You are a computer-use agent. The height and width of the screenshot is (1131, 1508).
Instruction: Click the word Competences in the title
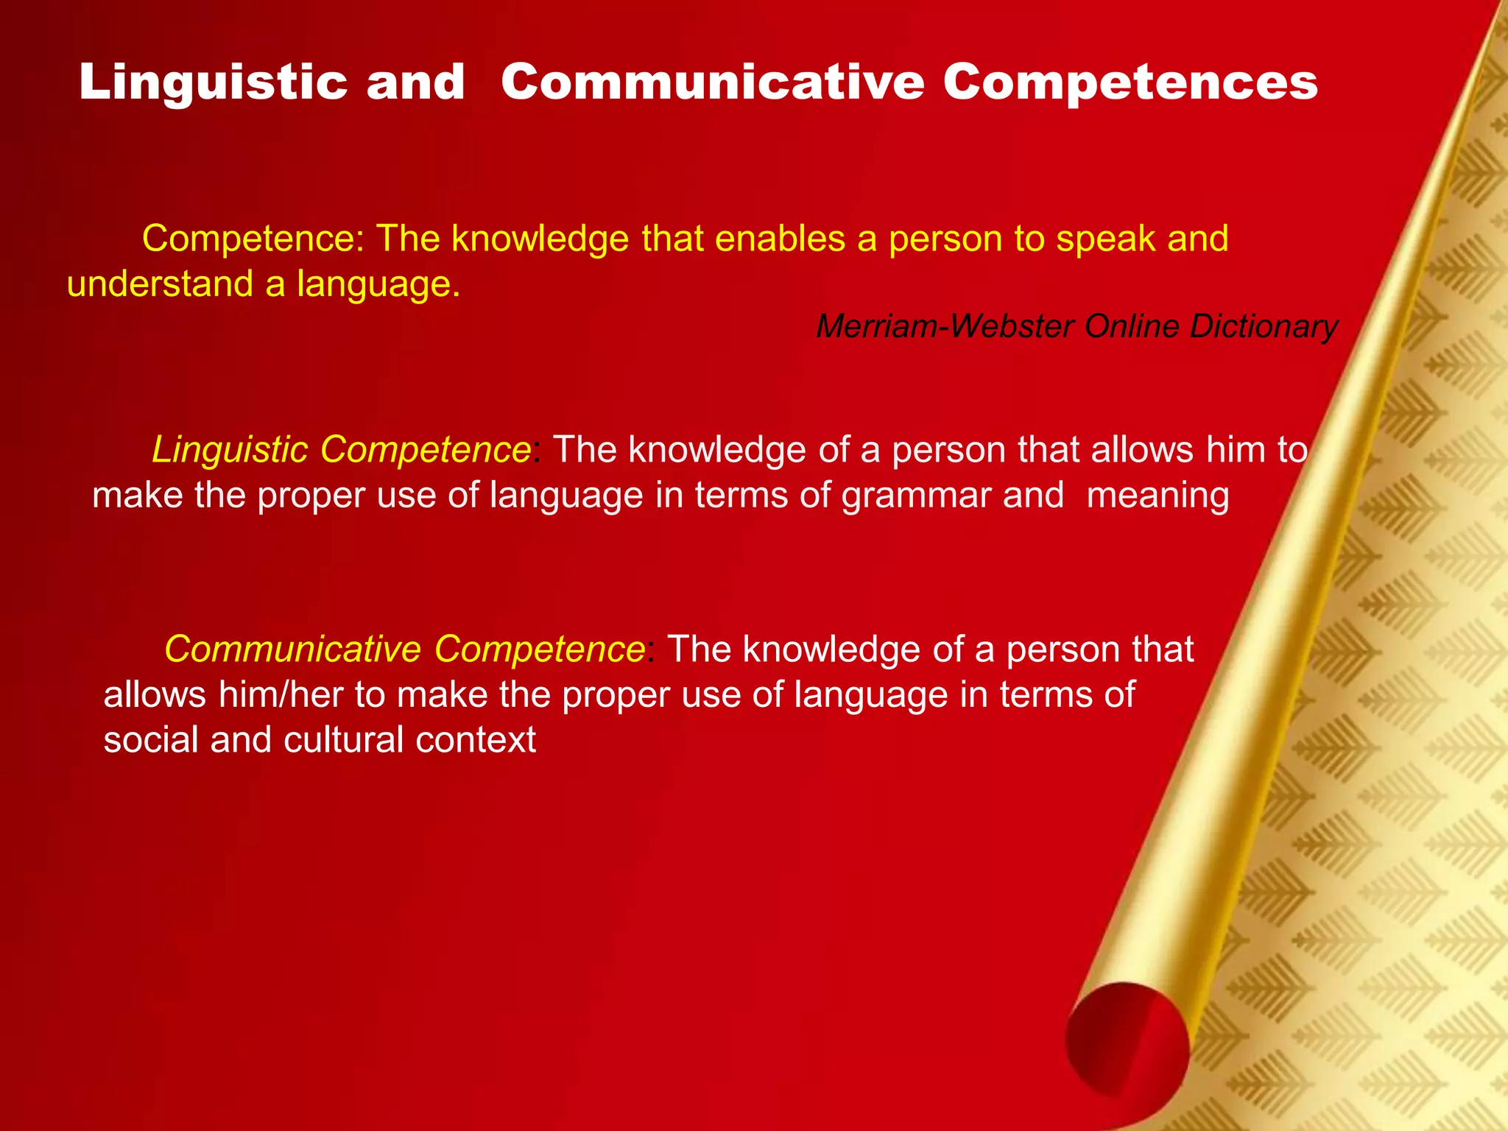click(x=1130, y=82)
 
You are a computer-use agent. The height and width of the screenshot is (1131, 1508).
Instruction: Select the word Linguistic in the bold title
click(x=213, y=82)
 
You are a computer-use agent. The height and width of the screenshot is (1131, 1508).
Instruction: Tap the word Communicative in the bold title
click(x=712, y=82)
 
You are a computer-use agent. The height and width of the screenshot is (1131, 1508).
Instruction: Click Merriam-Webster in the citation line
click(x=945, y=326)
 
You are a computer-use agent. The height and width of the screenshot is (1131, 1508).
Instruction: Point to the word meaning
click(x=1158, y=495)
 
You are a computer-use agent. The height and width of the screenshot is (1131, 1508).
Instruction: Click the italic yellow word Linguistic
click(x=230, y=450)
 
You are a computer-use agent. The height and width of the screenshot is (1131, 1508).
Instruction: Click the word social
click(x=150, y=739)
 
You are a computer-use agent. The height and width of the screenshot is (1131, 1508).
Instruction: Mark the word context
click(x=476, y=739)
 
